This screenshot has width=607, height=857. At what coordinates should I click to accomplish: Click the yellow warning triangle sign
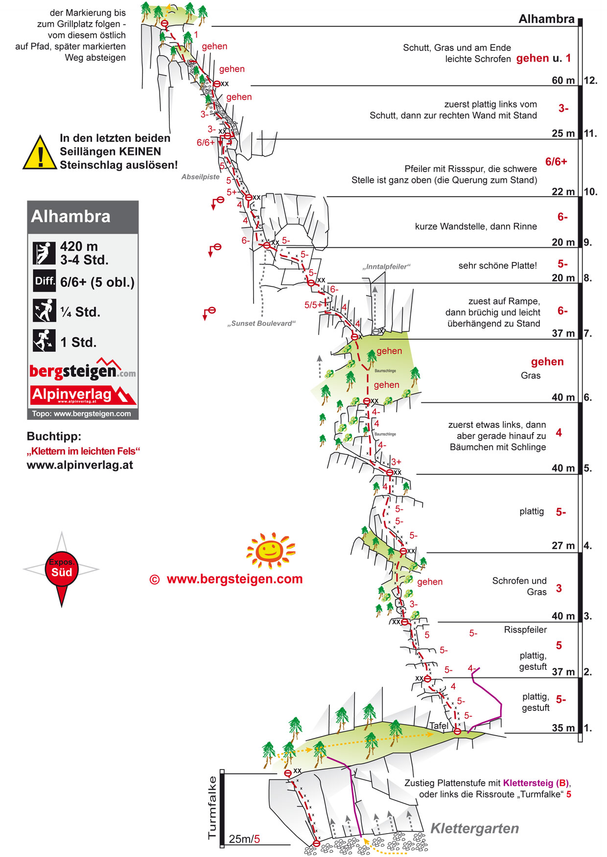[40, 154]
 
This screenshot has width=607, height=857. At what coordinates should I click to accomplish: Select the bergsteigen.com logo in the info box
[82, 371]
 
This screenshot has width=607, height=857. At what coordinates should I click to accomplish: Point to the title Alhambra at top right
[546, 19]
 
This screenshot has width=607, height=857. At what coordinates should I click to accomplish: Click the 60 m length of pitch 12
[563, 81]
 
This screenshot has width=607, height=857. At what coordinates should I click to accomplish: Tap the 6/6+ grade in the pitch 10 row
[556, 162]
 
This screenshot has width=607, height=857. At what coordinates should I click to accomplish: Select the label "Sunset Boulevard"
[261, 324]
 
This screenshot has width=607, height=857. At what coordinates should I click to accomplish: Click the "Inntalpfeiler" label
[386, 267]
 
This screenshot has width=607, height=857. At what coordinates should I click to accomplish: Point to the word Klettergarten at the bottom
[474, 828]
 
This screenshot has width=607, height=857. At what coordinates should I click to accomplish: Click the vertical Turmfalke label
[212, 808]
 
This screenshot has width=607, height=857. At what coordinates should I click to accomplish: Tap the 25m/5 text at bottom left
[244, 839]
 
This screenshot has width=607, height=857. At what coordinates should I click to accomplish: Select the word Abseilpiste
[200, 177]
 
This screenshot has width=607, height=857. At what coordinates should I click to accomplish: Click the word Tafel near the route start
[439, 726]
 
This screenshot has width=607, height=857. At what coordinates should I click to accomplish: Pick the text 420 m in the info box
[79, 246]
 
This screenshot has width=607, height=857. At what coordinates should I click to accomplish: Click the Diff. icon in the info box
[45, 281]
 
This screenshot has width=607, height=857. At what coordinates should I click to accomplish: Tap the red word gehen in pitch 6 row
[547, 362]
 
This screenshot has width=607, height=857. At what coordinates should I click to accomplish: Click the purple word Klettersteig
[528, 783]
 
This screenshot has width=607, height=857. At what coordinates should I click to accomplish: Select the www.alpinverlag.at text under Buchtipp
[80, 465]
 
